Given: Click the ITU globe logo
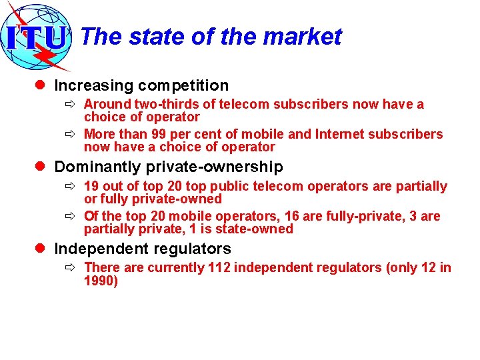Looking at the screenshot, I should (37, 37).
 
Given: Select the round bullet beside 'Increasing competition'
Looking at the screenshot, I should (42, 85).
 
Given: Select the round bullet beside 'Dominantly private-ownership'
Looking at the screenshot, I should (42, 167).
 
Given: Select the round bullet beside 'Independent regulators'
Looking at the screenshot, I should (42, 249).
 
